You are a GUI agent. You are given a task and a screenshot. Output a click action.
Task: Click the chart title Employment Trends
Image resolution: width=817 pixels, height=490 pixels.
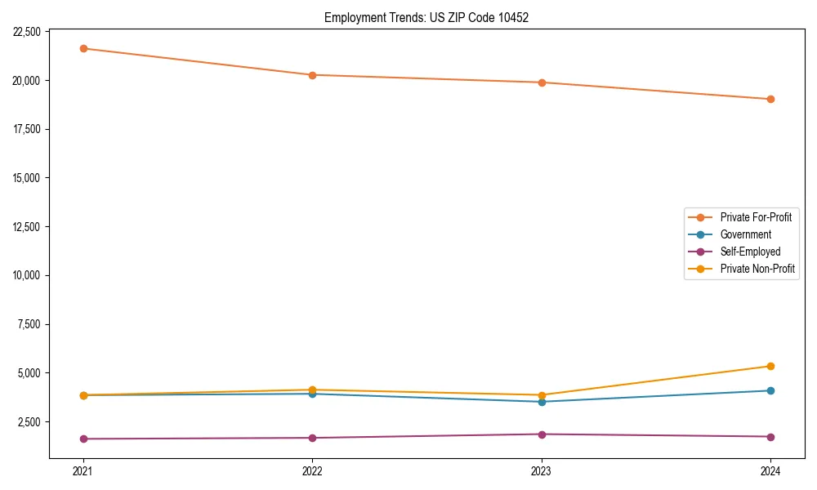click(426, 17)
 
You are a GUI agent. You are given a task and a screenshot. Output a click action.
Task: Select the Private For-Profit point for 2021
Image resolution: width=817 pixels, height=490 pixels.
click(83, 48)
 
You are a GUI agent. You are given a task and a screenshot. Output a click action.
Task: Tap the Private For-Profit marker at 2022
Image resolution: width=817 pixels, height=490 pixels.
click(312, 75)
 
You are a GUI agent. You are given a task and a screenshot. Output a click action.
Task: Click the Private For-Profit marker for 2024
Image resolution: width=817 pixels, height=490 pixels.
click(770, 99)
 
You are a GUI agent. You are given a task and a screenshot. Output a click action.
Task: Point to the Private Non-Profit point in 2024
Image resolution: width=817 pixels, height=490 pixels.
click(770, 366)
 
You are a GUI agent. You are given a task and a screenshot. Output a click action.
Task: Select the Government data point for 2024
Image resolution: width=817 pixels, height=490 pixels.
click(770, 390)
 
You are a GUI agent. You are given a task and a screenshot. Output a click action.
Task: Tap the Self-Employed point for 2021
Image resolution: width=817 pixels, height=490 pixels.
click(83, 439)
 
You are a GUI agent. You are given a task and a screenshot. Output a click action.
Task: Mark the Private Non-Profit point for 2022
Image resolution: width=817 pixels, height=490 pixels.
click(312, 390)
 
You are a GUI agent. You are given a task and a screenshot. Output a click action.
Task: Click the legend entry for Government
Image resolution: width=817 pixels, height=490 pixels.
click(745, 234)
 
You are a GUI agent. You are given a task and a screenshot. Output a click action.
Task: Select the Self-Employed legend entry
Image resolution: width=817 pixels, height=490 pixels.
click(750, 252)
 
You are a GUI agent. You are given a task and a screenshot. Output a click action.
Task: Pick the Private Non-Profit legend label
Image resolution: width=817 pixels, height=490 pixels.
click(757, 269)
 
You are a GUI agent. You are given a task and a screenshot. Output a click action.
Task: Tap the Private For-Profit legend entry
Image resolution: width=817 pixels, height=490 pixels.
click(756, 217)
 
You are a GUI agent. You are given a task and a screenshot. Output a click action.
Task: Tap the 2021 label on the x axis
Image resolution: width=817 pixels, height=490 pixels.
click(83, 471)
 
